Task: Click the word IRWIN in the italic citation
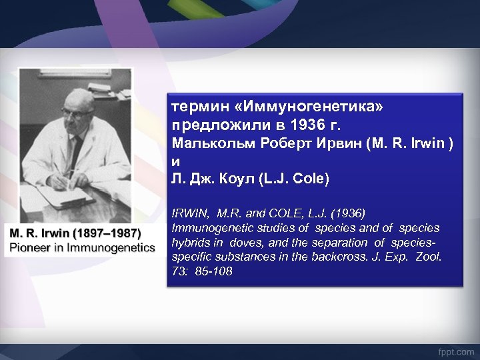[x=191, y=213]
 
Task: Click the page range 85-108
[x=213, y=272]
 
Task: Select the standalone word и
[x=176, y=162]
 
